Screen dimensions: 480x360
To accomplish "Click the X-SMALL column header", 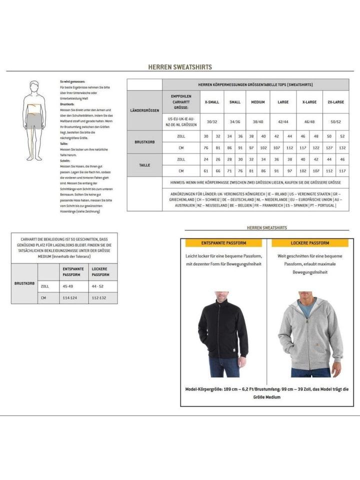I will pyautogui.click(x=211, y=102).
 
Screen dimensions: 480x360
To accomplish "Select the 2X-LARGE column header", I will pyautogui.click(x=335, y=102).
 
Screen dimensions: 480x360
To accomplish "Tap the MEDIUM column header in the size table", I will pyautogui.click(x=258, y=102).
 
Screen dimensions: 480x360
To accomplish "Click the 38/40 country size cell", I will pyautogui.click(x=258, y=121).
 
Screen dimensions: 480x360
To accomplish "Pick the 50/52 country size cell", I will pyautogui.click(x=335, y=121).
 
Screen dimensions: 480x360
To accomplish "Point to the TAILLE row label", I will pyautogui.click(x=144, y=165).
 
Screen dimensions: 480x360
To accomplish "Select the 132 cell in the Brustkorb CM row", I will pyautogui.click(x=342, y=147).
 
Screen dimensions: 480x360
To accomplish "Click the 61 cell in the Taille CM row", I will pyautogui.click(x=205, y=170).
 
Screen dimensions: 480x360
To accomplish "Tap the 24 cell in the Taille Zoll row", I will pyautogui.click(x=205, y=159).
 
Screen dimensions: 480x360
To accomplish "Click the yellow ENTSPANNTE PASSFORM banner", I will pyautogui.click(x=224, y=243).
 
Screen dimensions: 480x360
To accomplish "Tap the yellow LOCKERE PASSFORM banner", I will pyautogui.click(x=310, y=243).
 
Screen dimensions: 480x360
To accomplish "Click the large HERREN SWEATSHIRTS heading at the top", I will pyautogui.click(x=180, y=66).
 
